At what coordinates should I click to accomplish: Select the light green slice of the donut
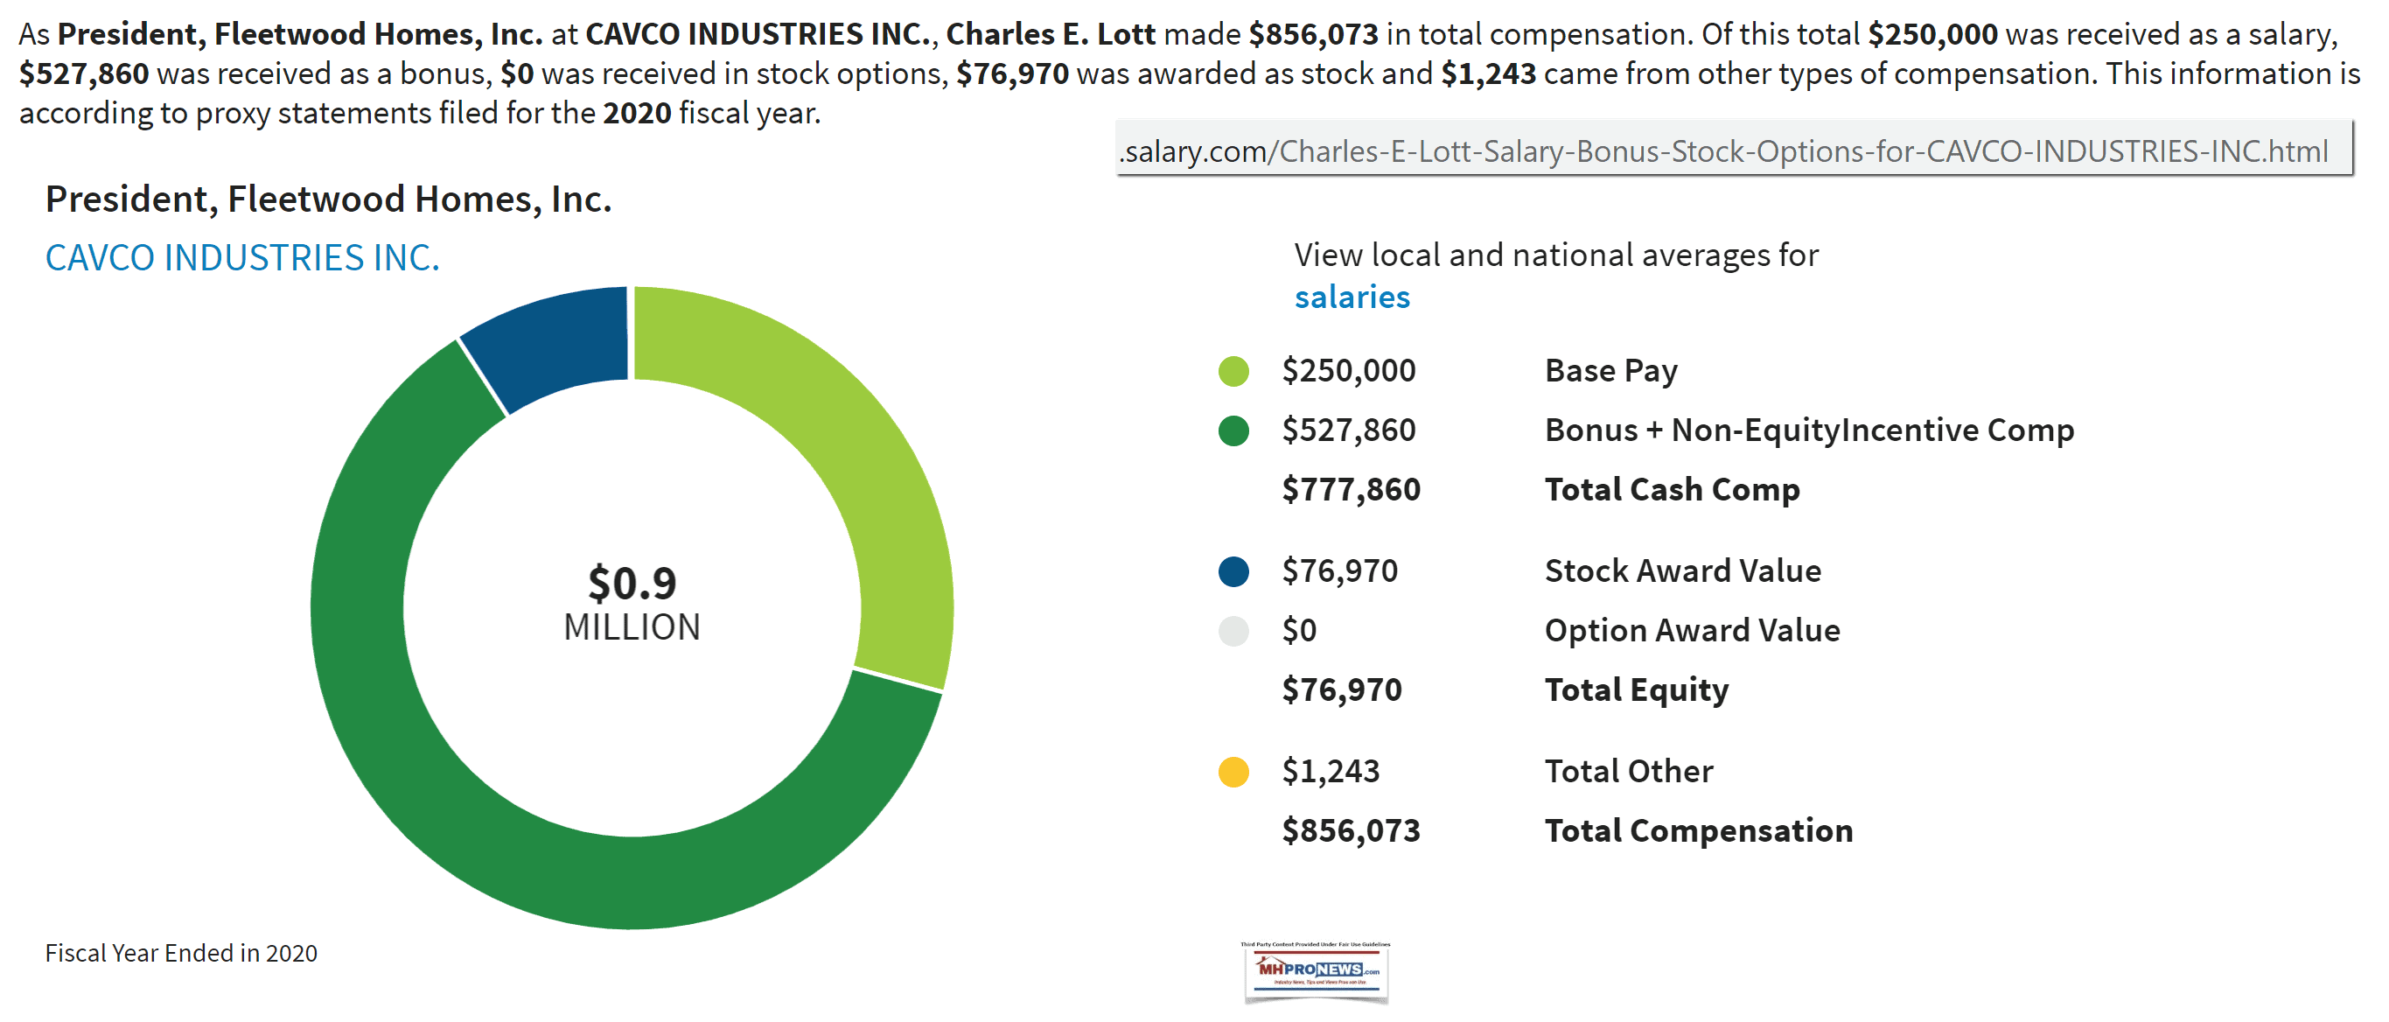tap(835, 445)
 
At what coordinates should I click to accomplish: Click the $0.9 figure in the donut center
tap(632, 583)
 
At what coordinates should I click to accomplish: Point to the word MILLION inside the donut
tap(632, 628)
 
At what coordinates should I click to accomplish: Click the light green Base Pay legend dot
tap(1233, 371)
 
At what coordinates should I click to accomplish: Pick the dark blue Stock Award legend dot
tap(1233, 571)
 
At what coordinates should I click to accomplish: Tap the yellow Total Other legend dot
tap(1233, 772)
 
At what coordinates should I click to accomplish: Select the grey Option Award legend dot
tap(1233, 631)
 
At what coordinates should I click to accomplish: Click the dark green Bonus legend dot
tap(1233, 430)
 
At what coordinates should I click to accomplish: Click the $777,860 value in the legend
tap(1351, 490)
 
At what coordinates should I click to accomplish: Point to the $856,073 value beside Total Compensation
tap(1351, 831)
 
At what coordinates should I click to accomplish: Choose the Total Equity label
tap(1637, 690)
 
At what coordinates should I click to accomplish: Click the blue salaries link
tap(1352, 297)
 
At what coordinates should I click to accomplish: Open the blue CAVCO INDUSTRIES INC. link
tap(242, 258)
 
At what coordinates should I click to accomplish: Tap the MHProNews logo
tap(1316, 971)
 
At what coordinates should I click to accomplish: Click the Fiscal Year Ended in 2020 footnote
tap(181, 954)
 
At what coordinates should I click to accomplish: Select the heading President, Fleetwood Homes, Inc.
tap(328, 199)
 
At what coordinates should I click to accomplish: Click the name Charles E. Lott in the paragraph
tap(1051, 34)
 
